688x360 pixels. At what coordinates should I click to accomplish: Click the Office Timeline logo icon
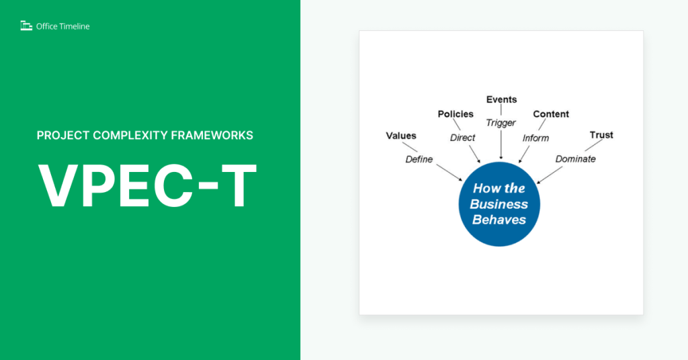[26, 26]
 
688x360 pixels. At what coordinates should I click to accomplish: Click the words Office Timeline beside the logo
[62, 26]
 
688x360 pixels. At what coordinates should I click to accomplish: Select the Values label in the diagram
[400, 136]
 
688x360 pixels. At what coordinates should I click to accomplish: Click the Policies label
[456, 114]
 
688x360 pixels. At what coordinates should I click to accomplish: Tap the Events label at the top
[501, 99]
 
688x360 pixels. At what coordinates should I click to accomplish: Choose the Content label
[551, 114]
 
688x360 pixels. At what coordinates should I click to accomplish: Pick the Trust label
[601, 135]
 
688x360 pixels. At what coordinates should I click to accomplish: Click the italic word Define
[419, 159]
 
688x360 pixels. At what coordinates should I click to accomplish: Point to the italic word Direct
[462, 138]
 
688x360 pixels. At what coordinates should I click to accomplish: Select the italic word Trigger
[501, 123]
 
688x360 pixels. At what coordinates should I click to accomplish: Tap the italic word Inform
[535, 138]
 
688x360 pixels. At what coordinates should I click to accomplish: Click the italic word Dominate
[575, 159]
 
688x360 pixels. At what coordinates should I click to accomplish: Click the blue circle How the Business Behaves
[499, 204]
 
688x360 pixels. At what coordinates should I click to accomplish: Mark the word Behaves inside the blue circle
[499, 220]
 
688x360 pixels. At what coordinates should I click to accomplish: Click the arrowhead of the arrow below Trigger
[501, 157]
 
